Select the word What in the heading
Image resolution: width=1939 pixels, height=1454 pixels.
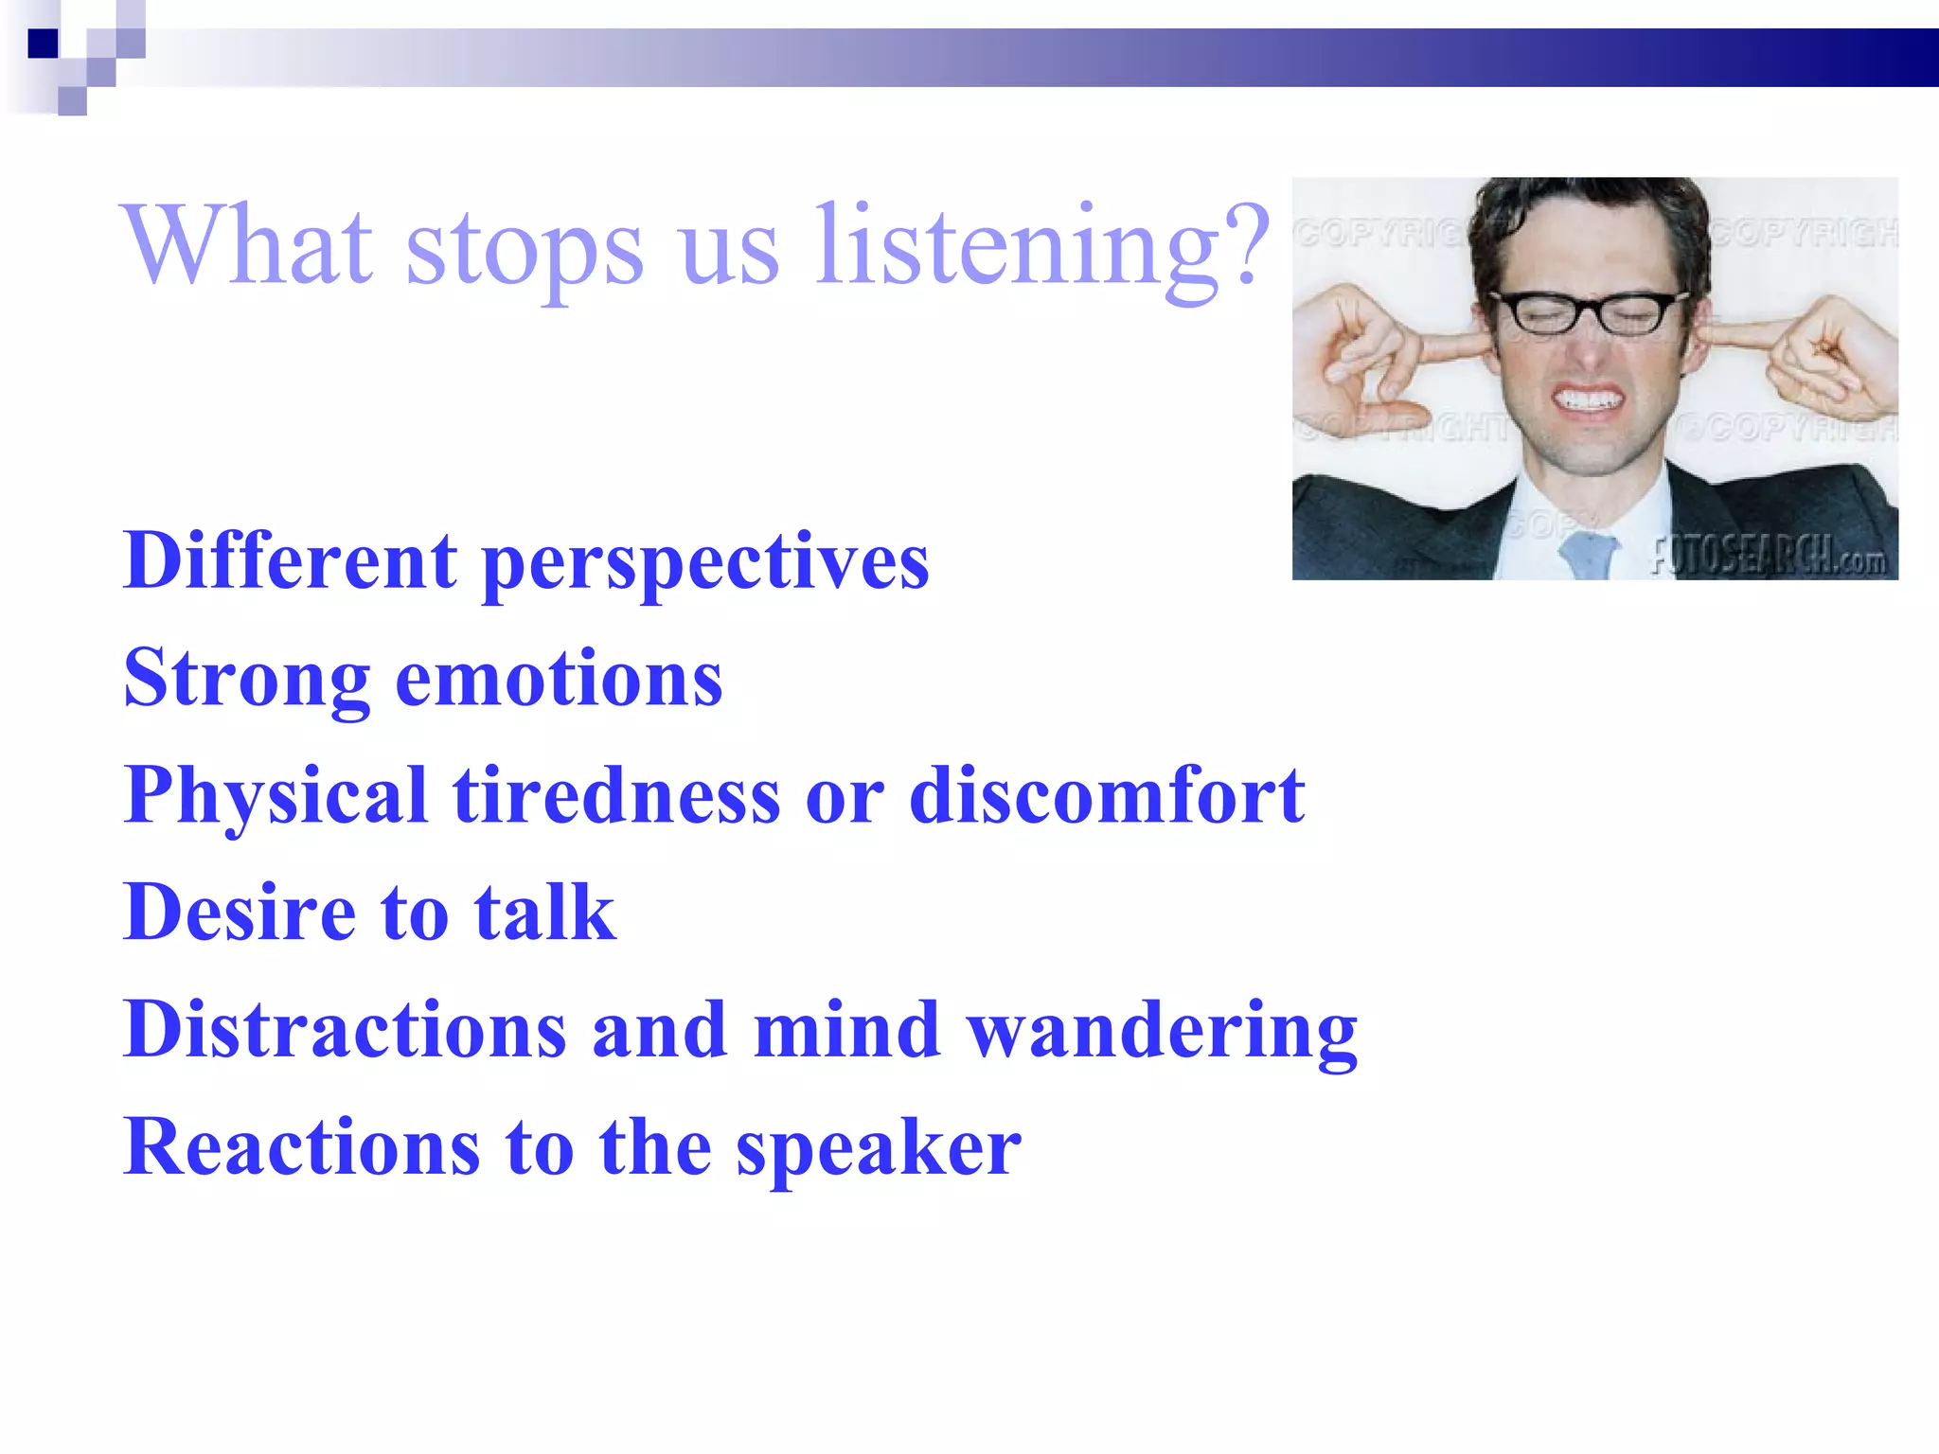point(248,244)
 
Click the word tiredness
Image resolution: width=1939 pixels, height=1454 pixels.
point(616,797)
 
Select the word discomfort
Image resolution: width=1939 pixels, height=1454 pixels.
point(1107,797)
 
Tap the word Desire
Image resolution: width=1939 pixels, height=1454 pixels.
point(240,913)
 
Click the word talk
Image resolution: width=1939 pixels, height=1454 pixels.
point(544,913)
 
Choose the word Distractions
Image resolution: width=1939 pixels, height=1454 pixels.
point(345,1031)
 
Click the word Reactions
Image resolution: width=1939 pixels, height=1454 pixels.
point(302,1148)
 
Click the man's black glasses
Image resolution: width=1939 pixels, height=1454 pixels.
point(1589,312)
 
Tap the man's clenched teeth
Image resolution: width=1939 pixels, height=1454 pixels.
point(1590,399)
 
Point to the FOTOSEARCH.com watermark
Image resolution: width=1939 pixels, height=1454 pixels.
point(1769,558)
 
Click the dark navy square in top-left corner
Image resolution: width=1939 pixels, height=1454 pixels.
point(43,44)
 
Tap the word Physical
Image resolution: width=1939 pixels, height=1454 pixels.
point(276,797)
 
